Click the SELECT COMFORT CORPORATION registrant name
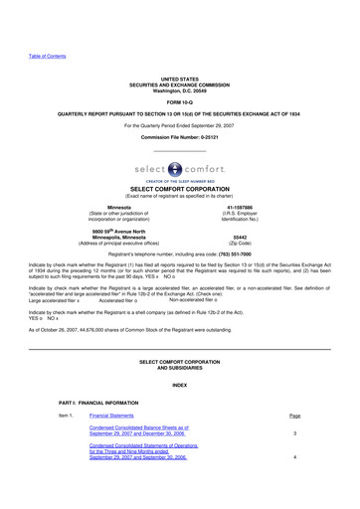point(179,191)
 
